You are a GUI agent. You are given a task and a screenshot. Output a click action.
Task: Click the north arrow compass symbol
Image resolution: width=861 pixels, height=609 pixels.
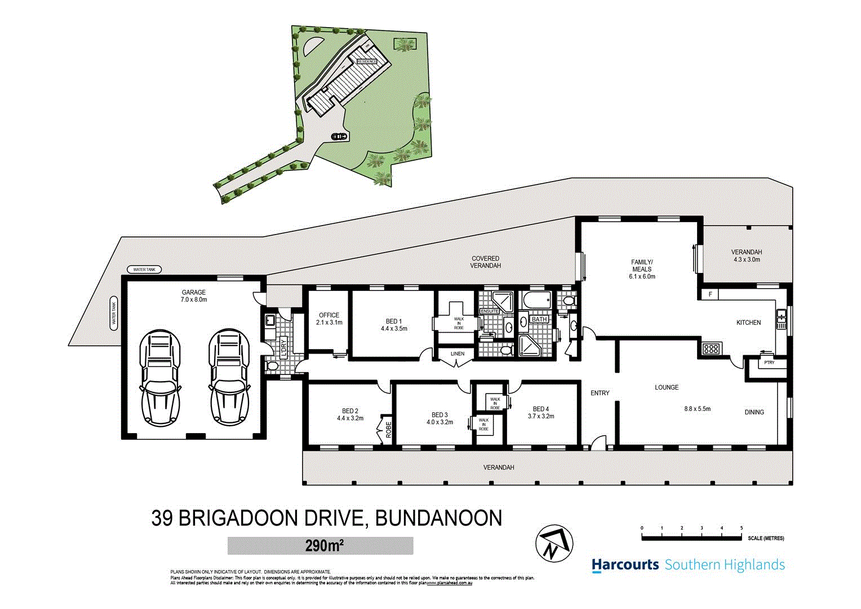554,544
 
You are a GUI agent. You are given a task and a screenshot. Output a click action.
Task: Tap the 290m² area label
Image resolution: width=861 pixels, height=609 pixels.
320,546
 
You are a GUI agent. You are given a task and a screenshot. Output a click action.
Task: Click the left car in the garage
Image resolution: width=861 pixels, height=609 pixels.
160,377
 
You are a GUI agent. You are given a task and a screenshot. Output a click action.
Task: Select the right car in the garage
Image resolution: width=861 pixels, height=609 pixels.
229,377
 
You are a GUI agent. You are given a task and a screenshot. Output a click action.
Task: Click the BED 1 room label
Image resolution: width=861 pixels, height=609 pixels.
394,324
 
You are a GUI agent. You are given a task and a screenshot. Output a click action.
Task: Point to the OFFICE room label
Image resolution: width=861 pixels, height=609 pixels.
329,315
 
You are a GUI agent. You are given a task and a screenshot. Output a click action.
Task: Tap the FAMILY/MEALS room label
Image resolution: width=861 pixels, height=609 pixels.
642,266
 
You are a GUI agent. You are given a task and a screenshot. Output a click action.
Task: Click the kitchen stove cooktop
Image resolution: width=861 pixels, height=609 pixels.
711,348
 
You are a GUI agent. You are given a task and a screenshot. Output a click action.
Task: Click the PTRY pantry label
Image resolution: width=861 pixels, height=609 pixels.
769,363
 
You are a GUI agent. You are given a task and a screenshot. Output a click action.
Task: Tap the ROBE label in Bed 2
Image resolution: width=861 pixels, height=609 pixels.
388,430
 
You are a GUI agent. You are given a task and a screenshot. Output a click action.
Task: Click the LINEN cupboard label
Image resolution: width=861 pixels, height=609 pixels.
458,354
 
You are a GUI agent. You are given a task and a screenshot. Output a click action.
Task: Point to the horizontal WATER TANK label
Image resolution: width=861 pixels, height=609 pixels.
144,270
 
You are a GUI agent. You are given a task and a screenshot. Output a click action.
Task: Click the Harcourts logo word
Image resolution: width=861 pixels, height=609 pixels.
625,564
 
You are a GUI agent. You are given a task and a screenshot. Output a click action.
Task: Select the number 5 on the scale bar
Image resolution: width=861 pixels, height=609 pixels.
742,528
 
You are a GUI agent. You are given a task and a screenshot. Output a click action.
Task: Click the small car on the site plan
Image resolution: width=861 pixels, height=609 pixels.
339,136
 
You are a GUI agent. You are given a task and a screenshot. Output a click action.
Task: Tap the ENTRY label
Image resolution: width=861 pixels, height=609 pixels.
600,393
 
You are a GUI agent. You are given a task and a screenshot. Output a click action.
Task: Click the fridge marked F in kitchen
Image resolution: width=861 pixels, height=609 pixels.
710,294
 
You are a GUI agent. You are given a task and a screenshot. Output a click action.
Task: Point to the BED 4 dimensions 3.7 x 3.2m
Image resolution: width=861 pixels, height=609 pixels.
540,416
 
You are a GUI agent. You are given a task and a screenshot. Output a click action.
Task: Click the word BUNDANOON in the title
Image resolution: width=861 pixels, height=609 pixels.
438,518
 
